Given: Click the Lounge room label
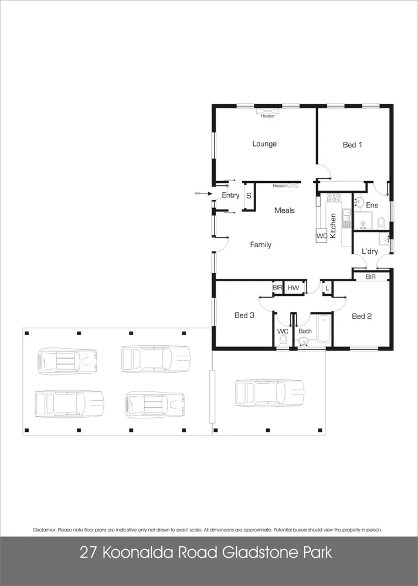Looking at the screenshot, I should pos(264,144).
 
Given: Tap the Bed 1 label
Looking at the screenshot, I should pos(352,145).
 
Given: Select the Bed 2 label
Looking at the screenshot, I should pos(362,316).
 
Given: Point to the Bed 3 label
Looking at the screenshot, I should pos(244,315).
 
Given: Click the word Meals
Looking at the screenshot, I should pos(284,210).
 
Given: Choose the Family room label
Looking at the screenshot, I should pos(260,245).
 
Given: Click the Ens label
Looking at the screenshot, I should pos(372,205).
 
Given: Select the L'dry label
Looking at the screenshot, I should pos(369,251).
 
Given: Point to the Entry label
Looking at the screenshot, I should pos(230,195).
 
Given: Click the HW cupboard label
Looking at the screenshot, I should pos(293,288).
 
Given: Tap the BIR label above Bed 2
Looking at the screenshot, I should pos(371,277).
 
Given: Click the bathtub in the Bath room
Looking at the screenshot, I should pos(323,330).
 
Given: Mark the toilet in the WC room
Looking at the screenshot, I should pos(283,344).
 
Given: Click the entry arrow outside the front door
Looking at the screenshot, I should pos(202,193).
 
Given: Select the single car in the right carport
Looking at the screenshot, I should pos(269,393).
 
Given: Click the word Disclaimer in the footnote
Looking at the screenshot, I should pos(45,530).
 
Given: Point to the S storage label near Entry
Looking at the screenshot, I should pos(249,195).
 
